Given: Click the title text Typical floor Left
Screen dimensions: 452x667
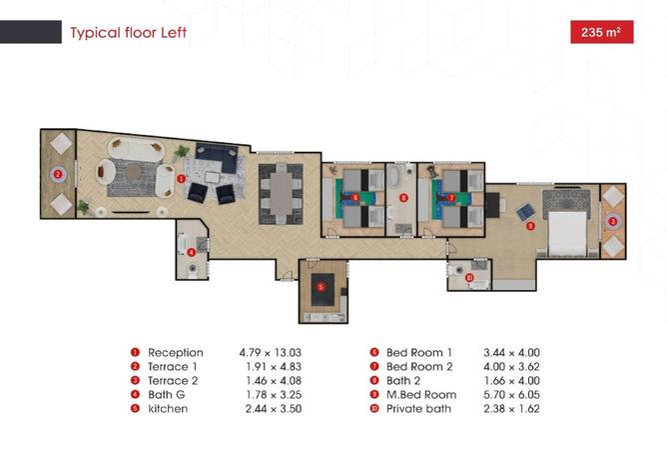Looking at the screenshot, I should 128,33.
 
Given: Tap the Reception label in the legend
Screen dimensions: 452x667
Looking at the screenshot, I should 175,353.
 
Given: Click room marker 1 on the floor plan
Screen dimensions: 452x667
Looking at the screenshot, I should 181,178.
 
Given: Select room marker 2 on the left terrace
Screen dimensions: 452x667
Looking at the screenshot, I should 58,173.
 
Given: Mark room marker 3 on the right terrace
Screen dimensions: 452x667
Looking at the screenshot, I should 612,221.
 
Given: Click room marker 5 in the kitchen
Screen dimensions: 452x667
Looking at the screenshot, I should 321,287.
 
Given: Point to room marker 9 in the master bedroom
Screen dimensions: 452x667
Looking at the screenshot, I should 529,226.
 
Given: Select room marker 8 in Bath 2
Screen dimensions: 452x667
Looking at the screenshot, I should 402,198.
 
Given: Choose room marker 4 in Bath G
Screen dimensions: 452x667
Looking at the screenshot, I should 191,252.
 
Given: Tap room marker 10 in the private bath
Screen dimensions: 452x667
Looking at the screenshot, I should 469,276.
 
